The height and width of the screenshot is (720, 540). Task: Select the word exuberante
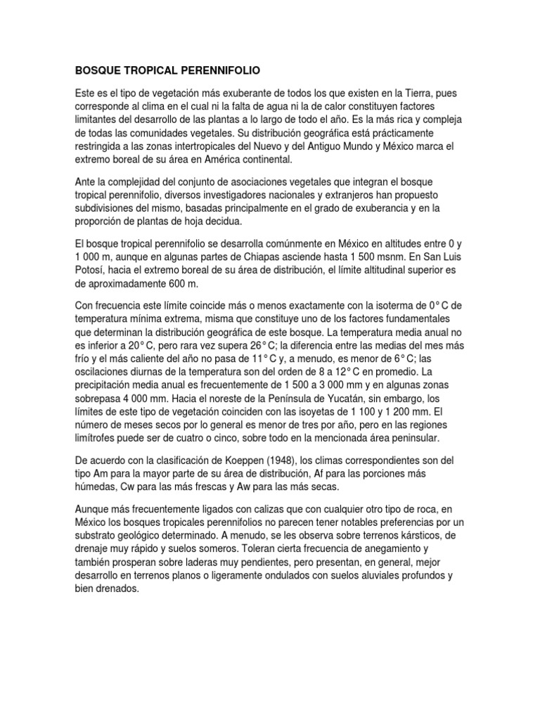point(233,94)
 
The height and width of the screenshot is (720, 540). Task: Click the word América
point(209,160)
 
